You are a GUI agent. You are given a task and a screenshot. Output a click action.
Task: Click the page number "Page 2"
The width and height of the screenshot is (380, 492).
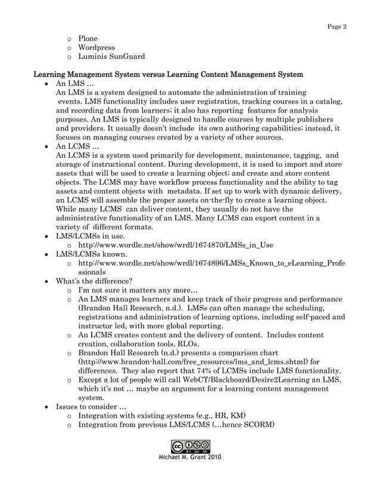tap(337, 27)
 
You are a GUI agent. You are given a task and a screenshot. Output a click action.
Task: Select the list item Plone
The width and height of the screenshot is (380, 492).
tap(88, 39)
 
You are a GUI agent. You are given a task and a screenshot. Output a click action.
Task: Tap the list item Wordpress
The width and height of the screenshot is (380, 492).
tap(96, 48)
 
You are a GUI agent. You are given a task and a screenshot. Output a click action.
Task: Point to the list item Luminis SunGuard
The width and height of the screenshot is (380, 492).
tap(111, 57)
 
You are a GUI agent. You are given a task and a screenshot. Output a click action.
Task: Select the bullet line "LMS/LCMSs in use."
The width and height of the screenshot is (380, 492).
tap(90, 236)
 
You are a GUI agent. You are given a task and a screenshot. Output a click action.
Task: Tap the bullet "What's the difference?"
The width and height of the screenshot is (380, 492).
tap(94, 281)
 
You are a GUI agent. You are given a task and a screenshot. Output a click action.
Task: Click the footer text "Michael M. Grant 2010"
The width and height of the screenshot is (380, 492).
tap(190, 458)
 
